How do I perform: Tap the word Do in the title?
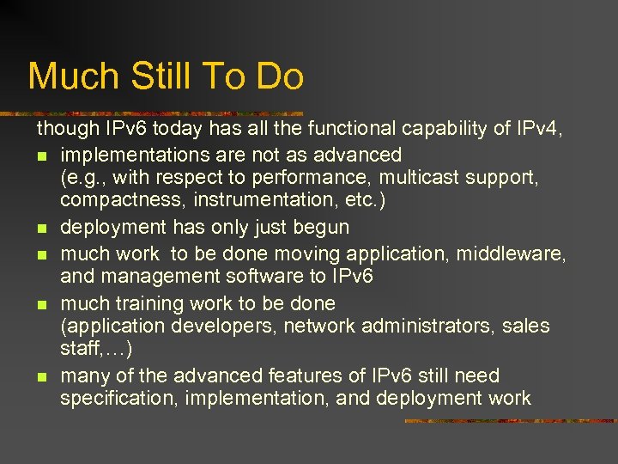280,76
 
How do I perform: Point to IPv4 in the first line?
538,130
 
